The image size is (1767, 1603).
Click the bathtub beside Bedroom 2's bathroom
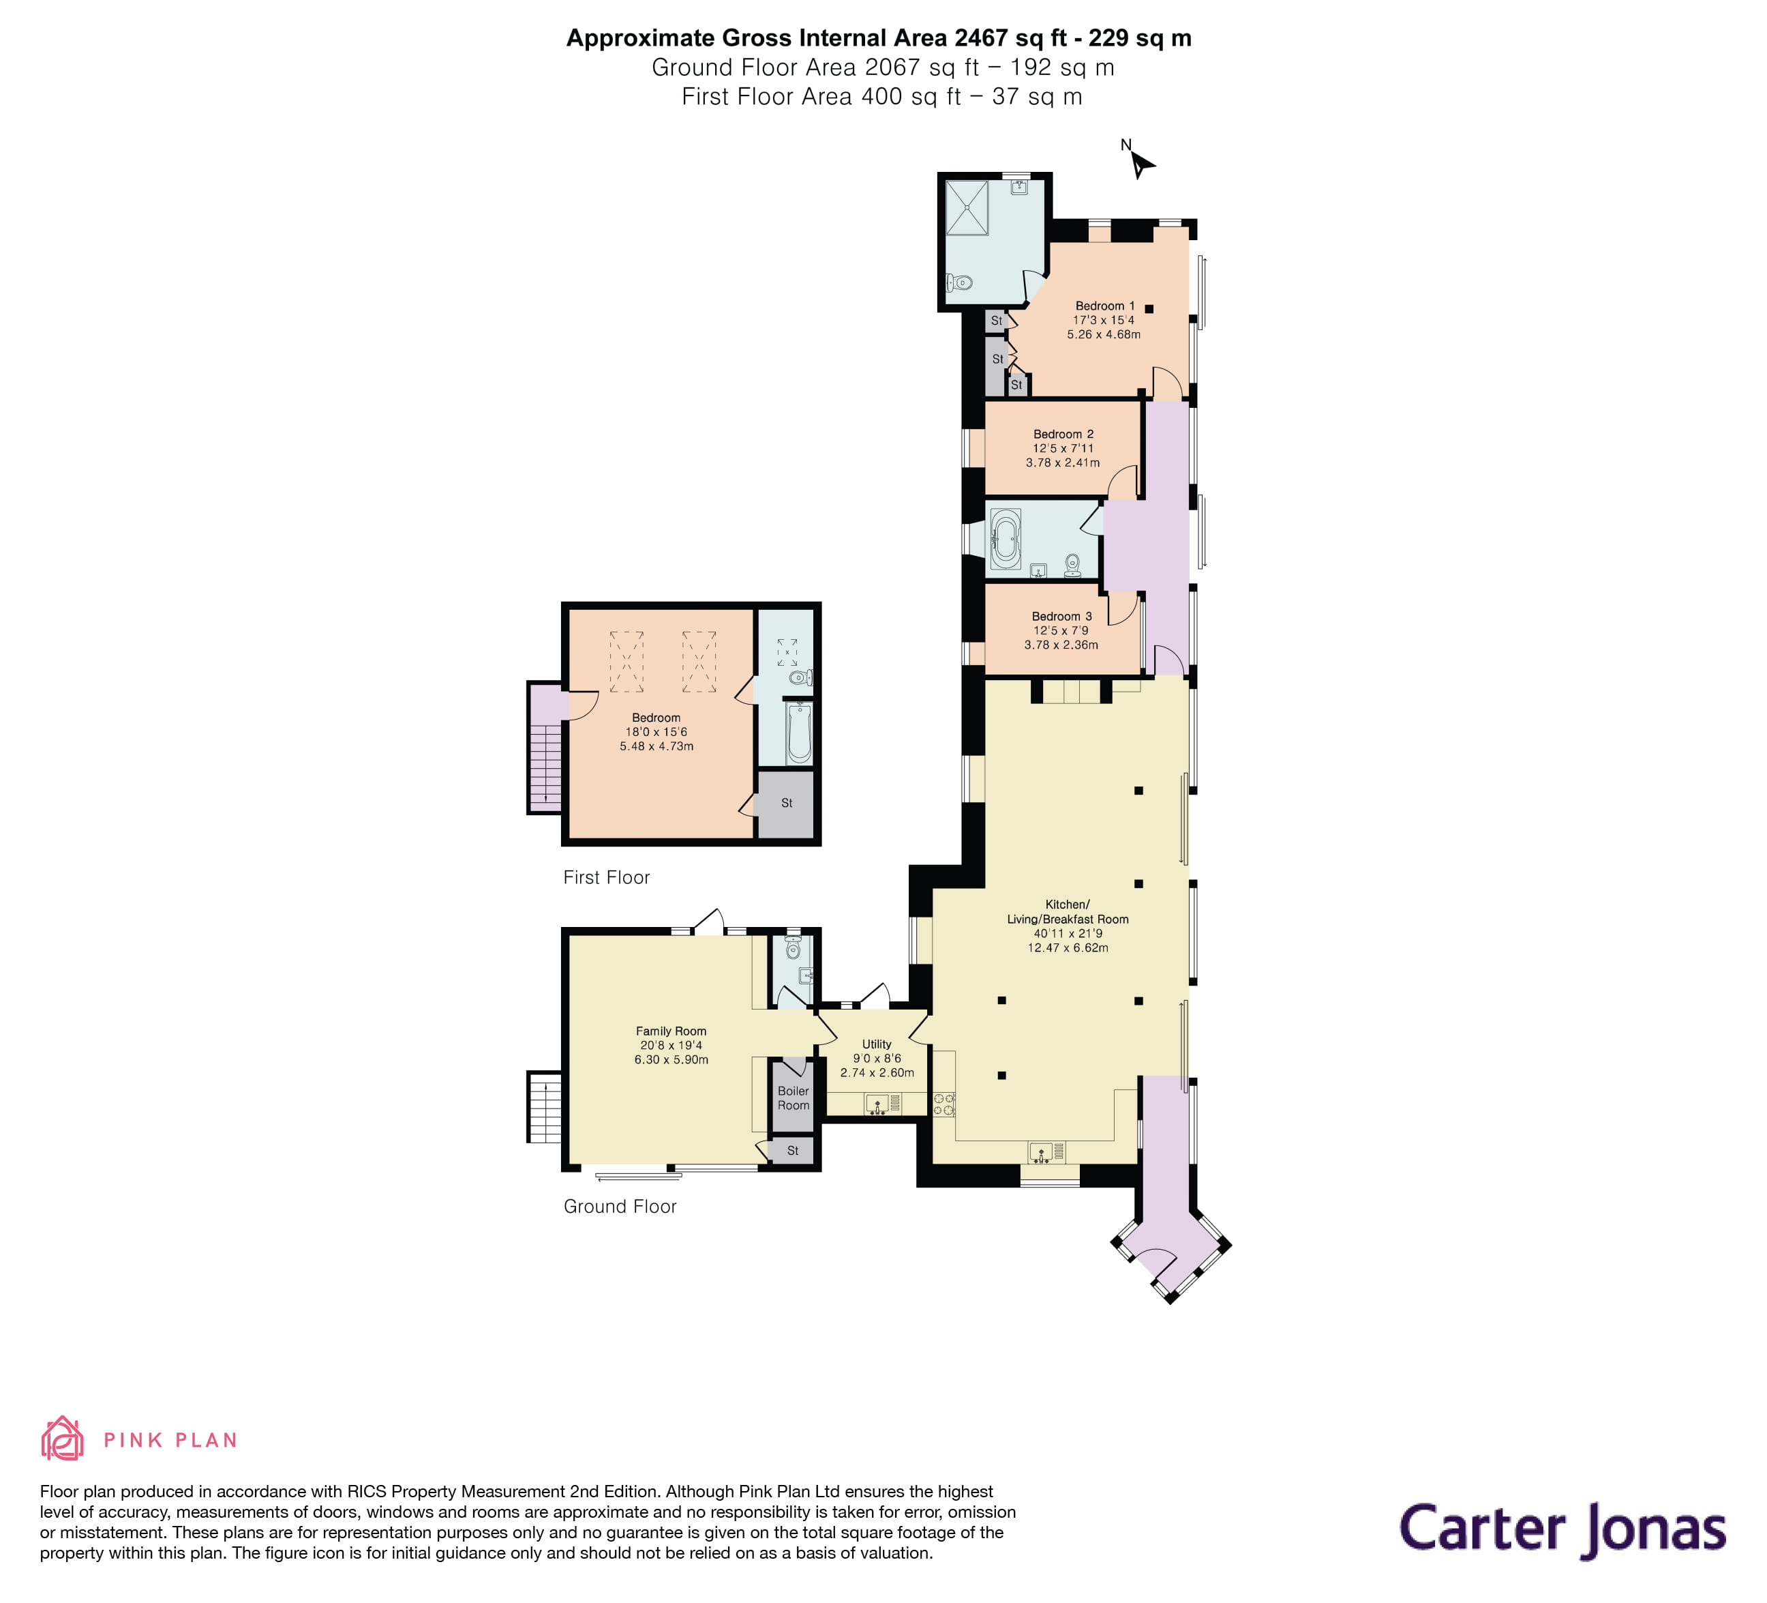click(1006, 540)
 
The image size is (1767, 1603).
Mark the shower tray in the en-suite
click(967, 208)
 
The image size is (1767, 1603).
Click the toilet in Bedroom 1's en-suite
click(960, 282)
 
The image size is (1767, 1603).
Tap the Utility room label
click(877, 1044)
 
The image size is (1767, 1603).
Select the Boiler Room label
click(794, 1098)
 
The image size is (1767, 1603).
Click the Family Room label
click(671, 1031)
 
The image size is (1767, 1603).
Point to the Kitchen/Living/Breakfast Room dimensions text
click(1068, 941)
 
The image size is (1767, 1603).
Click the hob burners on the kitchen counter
click(944, 1104)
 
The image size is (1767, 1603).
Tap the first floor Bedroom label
click(656, 718)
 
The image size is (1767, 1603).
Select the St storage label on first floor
click(786, 802)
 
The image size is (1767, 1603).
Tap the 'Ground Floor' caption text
click(620, 1207)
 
